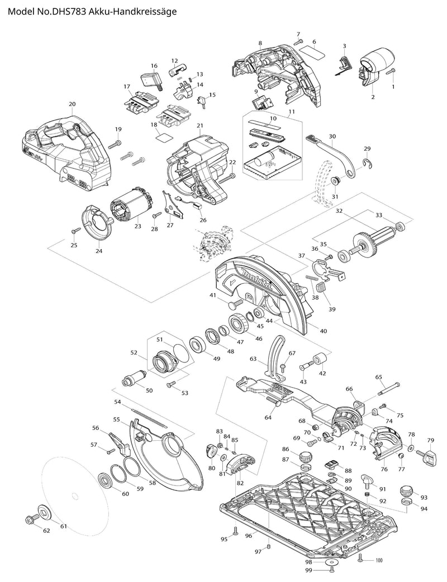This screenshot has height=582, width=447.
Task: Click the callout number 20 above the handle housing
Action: (72, 104)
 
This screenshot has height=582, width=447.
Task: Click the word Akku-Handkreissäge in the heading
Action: (130, 11)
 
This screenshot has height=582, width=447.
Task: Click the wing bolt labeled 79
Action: (430, 457)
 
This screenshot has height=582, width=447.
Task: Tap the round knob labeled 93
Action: (406, 492)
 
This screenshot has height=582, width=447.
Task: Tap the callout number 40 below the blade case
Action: (322, 330)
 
